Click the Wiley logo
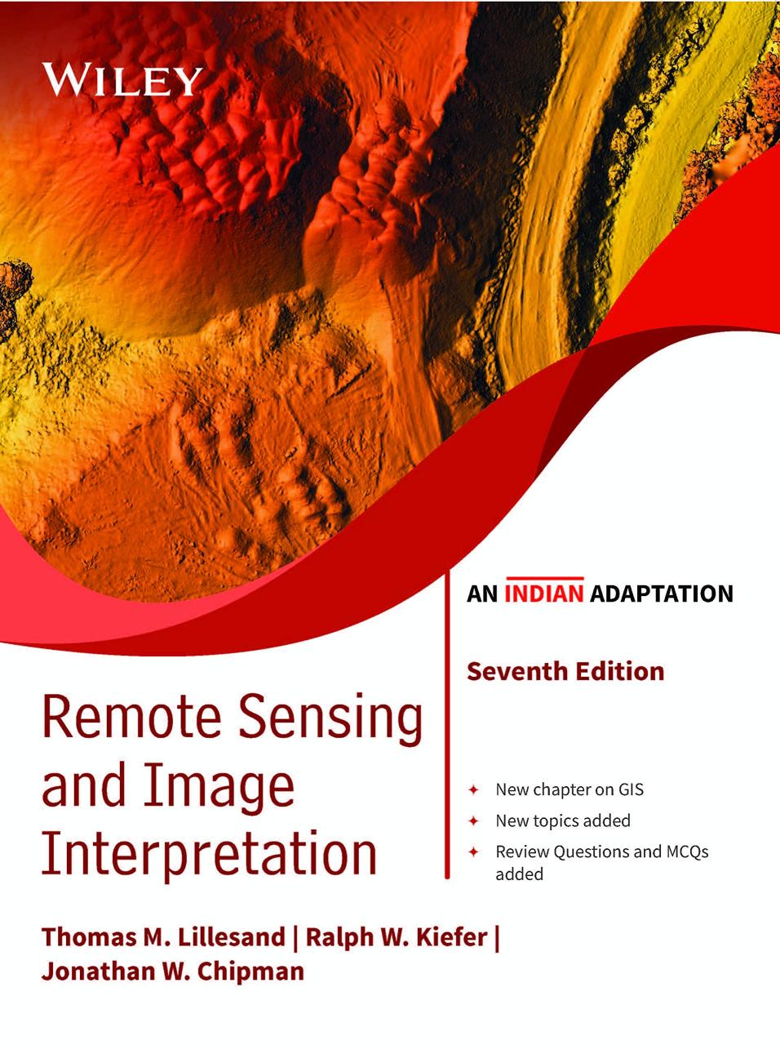pos(122,79)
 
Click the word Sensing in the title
pos(330,723)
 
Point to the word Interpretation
pos(210,853)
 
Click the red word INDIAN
pos(543,594)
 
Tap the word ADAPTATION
pos(662,594)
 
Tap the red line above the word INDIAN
pos(543,579)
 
